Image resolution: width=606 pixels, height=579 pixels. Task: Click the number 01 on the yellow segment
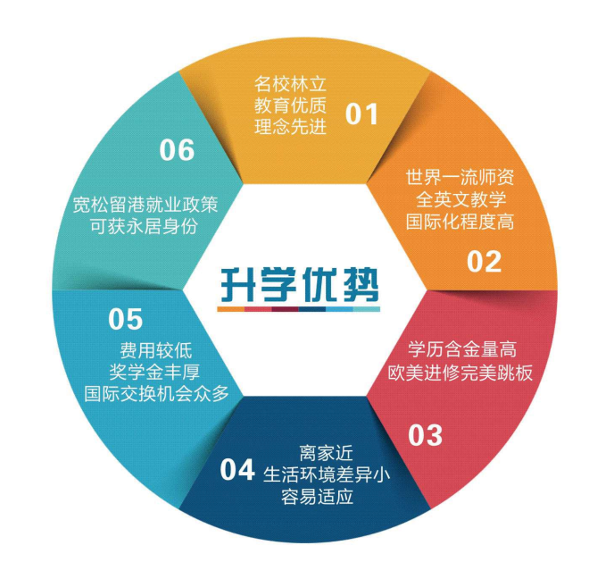pyautogui.click(x=362, y=114)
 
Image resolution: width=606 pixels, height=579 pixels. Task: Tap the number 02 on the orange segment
pyautogui.click(x=484, y=261)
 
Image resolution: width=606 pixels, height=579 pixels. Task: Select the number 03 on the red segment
pyautogui.click(x=425, y=435)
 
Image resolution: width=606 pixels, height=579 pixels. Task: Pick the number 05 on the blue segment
pyautogui.click(x=126, y=318)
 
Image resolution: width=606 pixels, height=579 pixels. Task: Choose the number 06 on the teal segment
pyautogui.click(x=177, y=150)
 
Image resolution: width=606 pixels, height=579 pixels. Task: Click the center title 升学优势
pyautogui.click(x=301, y=283)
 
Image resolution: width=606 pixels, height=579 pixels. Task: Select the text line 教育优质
pyautogui.click(x=291, y=106)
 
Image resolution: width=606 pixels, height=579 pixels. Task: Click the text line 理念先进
pyautogui.click(x=291, y=127)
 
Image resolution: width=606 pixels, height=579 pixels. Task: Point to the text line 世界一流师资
pyautogui.click(x=460, y=175)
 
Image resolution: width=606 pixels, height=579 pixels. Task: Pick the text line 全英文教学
pyautogui.click(x=460, y=197)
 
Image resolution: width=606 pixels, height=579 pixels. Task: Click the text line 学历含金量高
pyautogui.click(x=462, y=348)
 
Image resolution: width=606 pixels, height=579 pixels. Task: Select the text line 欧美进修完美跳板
pyautogui.click(x=461, y=371)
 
